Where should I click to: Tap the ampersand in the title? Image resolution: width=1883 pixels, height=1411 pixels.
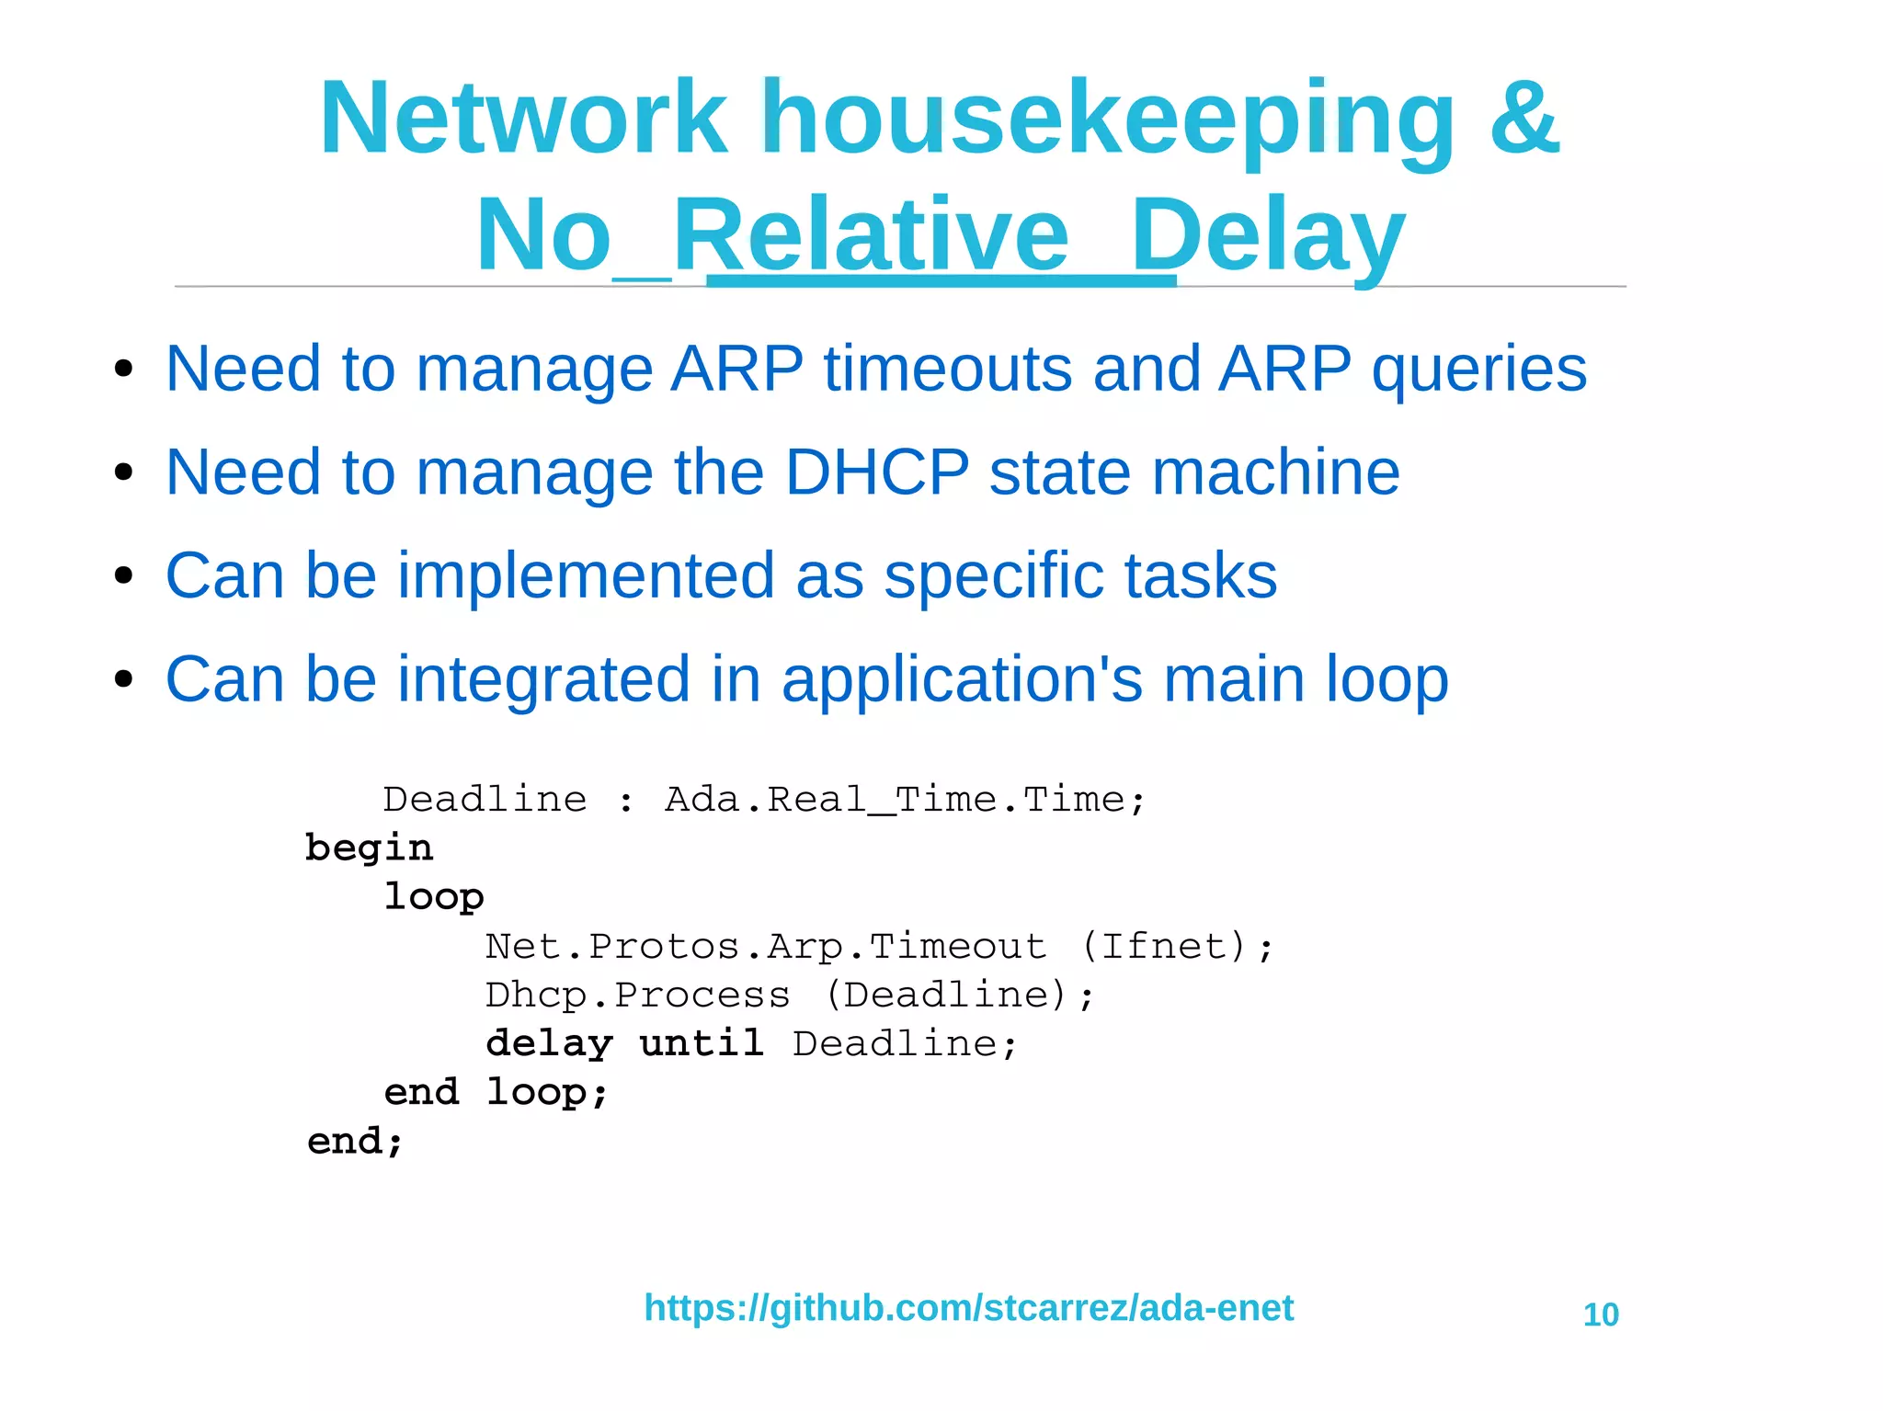(x=1524, y=119)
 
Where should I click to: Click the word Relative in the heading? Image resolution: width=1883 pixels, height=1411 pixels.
(x=871, y=236)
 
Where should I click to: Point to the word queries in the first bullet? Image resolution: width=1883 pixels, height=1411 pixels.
(x=1478, y=370)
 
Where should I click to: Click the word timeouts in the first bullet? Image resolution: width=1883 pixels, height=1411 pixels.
(x=948, y=369)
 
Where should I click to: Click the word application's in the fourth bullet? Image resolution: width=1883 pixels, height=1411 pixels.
(x=962, y=681)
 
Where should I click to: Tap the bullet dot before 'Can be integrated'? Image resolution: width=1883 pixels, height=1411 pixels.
(x=124, y=681)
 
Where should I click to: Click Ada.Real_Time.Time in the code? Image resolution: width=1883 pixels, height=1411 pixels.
(x=905, y=800)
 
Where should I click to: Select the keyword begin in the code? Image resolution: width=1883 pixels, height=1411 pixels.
(x=369, y=848)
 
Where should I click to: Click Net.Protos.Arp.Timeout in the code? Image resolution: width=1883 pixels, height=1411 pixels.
(x=766, y=946)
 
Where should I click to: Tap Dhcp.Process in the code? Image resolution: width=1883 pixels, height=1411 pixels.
(x=637, y=995)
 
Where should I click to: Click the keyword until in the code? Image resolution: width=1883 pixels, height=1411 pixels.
(x=702, y=1043)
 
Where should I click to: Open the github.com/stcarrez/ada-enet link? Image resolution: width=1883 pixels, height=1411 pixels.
(x=968, y=1308)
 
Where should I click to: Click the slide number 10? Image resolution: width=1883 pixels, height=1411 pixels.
(x=1601, y=1315)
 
